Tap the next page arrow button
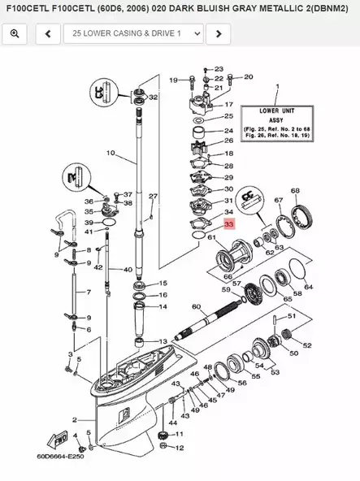click(217, 33)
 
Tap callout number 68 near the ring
click(295, 191)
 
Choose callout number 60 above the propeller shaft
click(195, 306)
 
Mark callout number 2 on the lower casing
click(74, 420)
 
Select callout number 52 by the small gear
click(306, 345)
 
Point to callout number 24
click(228, 131)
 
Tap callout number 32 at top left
click(153, 97)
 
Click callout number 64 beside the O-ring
click(307, 286)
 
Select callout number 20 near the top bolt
click(248, 77)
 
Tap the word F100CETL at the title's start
click(30, 9)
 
